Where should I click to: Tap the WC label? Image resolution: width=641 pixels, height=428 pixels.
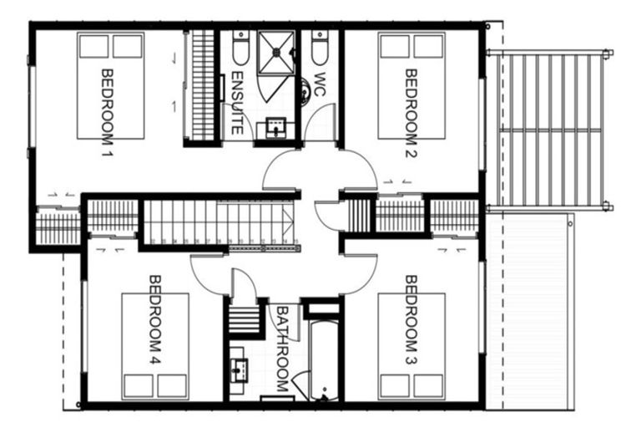coord(319,84)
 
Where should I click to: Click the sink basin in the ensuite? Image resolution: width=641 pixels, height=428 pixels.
coord(275,129)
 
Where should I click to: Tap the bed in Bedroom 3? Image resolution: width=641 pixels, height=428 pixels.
coord(411,346)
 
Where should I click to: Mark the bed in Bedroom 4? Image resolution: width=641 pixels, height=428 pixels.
coord(155,346)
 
